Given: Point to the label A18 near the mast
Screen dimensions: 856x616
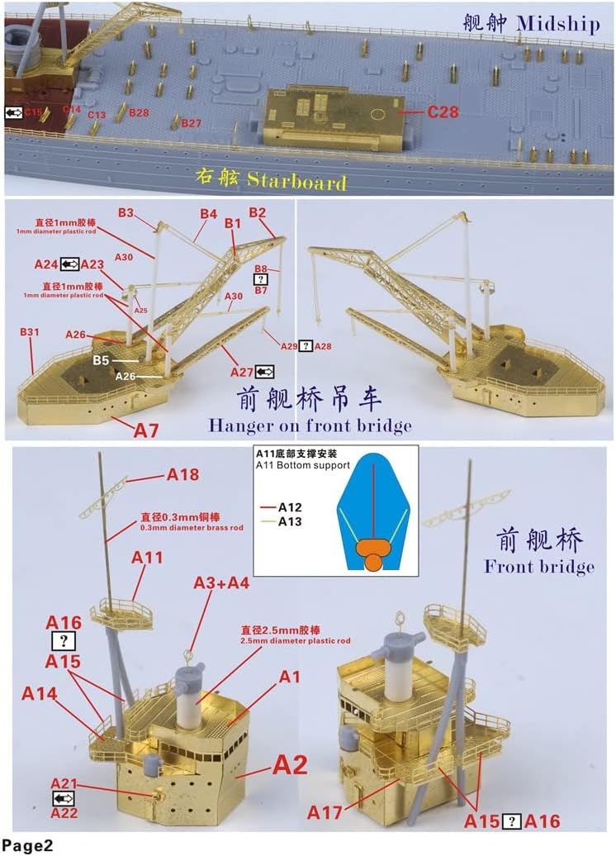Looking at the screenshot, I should pos(183,475).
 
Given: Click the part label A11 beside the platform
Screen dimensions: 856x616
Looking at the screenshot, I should pos(148,558).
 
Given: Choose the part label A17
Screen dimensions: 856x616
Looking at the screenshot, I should pos(325,814).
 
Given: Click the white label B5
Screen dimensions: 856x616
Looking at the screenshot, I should pos(102,361).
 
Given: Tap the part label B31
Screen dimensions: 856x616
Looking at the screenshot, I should pos(30,332).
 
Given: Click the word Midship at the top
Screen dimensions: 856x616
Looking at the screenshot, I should pos(558,23).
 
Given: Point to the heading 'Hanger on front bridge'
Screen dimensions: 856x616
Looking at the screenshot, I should pos(310,426).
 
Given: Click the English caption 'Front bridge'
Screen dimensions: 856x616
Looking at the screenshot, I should pos(539,566).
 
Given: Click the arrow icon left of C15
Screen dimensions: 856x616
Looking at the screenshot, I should pos(13,112).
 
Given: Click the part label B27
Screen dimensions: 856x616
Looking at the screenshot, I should pos(192,123).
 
